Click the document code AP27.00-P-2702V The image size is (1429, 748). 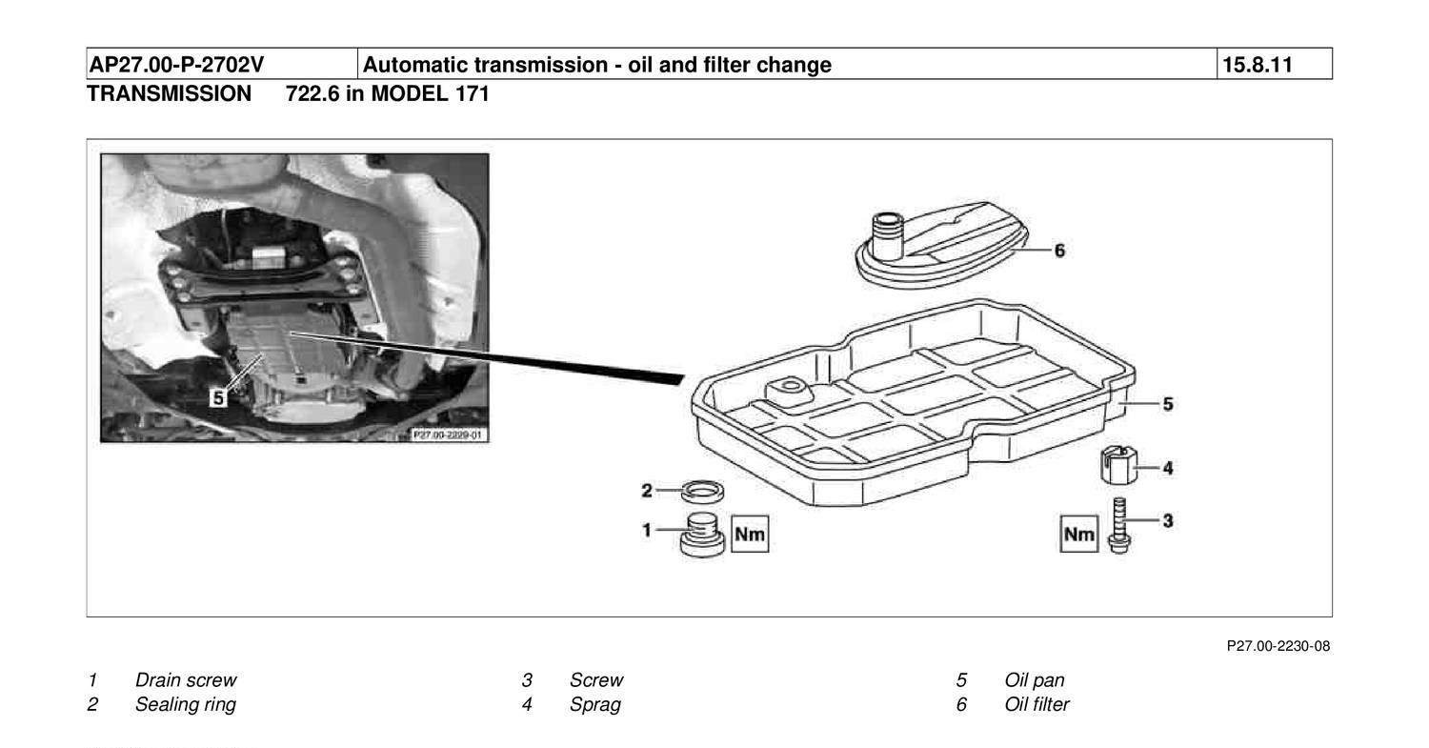[x=176, y=65]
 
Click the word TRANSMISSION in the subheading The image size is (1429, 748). [x=170, y=94]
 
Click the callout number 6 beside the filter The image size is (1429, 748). [x=1059, y=251]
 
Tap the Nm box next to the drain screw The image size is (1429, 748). [x=750, y=535]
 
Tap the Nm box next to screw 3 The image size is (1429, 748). [x=1079, y=534]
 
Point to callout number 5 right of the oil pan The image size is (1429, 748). [x=1168, y=404]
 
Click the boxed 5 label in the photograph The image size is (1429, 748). [x=219, y=397]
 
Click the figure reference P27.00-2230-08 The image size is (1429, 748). [x=1278, y=647]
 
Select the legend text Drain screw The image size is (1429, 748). [x=186, y=680]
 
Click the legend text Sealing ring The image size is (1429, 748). [x=186, y=705]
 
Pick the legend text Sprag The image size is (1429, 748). [x=595, y=705]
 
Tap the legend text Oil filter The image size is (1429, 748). [x=1037, y=705]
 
